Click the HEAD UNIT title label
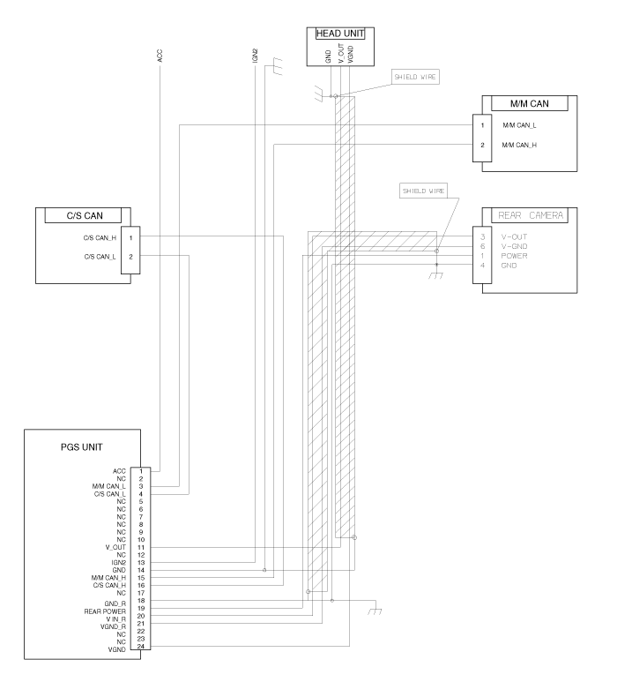[x=340, y=34]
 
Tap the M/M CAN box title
[x=530, y=103]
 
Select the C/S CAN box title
[x=85, y=215]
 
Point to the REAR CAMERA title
[x=531, y=215]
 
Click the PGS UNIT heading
[x=82, y=447]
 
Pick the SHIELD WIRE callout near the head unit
[x=415, y=77]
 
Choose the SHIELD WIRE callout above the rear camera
[x=423, y=191]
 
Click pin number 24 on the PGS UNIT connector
[x=141, y=646]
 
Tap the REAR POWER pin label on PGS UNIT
[x=105, y=611]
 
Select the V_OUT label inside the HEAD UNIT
[x=341, y=53]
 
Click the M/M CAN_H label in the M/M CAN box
[x=519, y=145]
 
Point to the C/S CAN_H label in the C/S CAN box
[x=100, y=238]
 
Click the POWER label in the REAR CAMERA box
[x=514, y=256]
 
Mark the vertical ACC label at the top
[x=160, y=56]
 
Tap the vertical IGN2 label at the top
[x=255, y=56]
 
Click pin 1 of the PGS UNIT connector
[x=141, y=471]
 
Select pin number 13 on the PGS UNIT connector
[x=141, y=563]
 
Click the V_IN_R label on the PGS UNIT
[x=115, y=619]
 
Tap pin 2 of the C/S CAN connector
[x=130, y=257]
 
